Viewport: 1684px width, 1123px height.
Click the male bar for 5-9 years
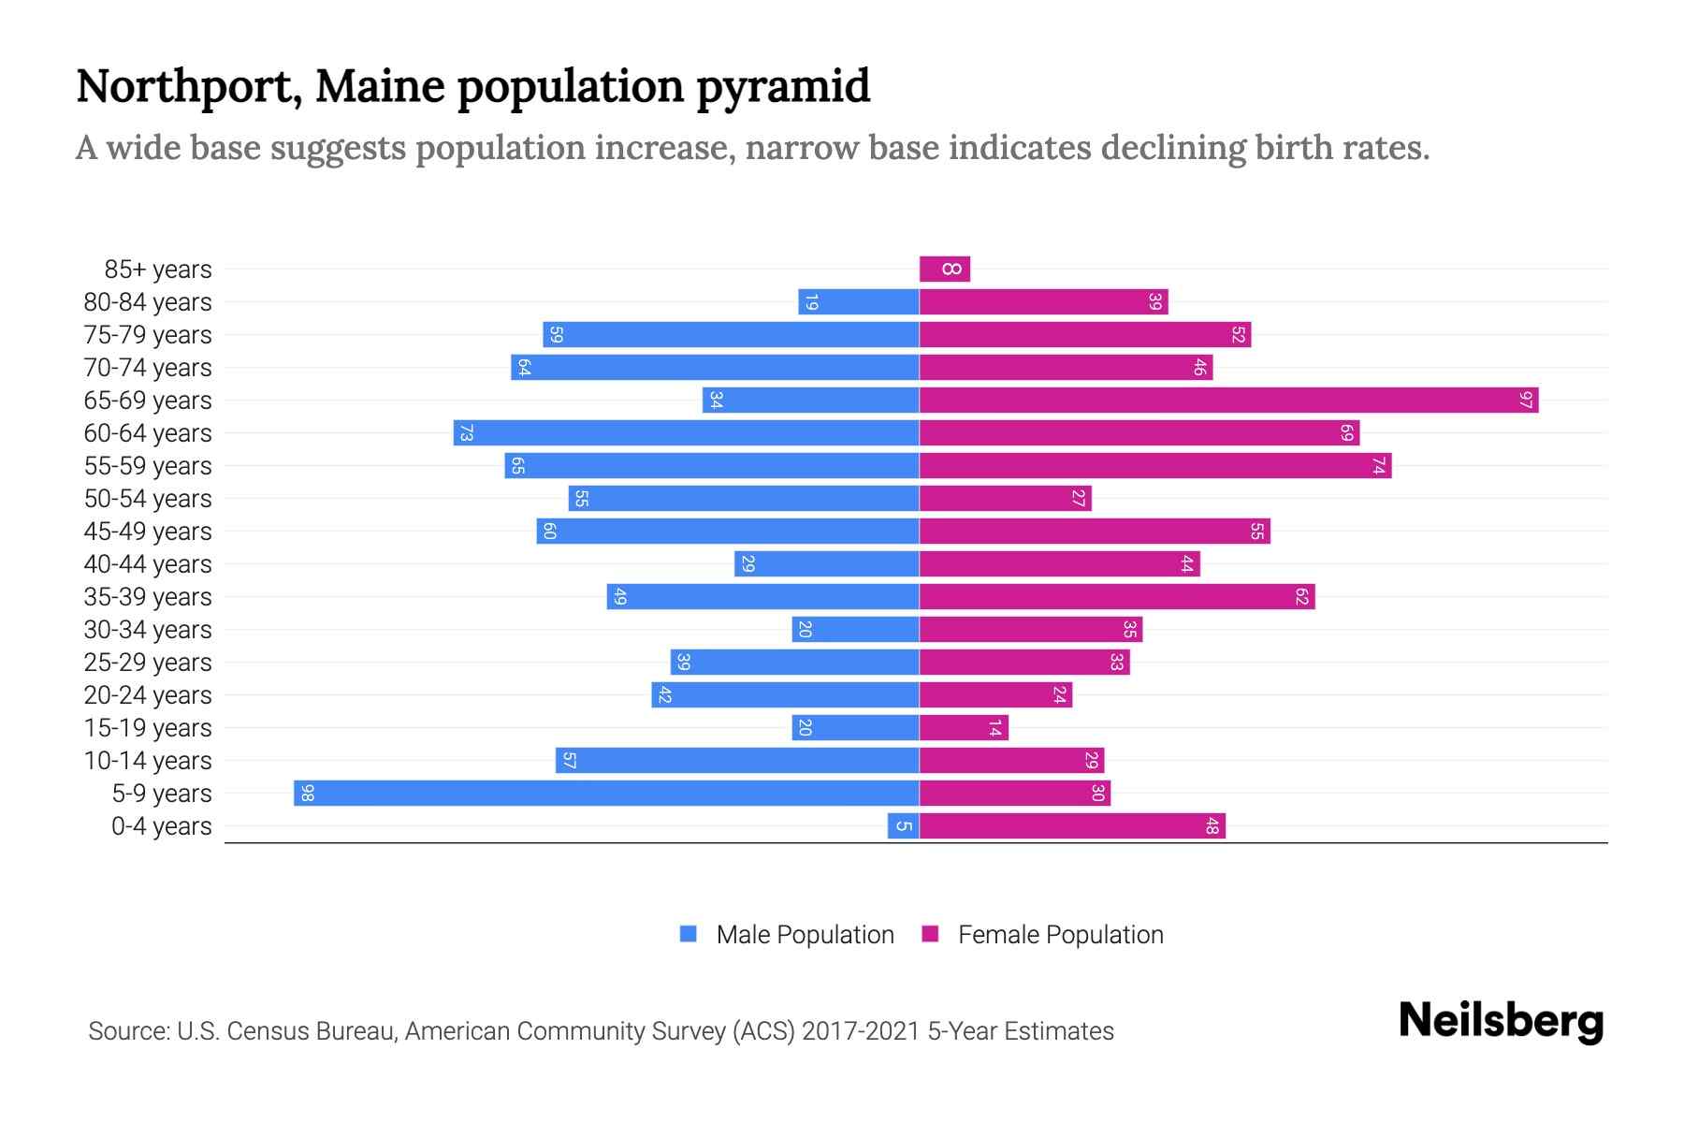(606, 793)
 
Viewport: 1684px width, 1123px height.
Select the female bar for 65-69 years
(1228, 401)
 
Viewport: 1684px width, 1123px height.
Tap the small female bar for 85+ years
(945, 270)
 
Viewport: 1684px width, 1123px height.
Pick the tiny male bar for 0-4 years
(903, 825)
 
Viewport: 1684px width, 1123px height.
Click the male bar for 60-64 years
(686, 433)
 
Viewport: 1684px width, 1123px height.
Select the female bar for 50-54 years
(1005, 499)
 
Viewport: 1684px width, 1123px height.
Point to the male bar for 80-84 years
(858, 302)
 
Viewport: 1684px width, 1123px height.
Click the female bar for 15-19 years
(964, 728)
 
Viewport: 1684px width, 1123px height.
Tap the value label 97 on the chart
(1526, 401)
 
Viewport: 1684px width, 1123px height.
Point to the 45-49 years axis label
(148, 532)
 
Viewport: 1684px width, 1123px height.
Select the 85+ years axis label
(158, 270)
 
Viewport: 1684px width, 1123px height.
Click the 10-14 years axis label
(148, 761)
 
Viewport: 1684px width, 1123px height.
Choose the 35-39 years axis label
(148, 597)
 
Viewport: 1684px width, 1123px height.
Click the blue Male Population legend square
(689, 934)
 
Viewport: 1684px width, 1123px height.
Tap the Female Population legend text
(1060, 935)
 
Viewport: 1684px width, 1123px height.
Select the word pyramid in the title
(783, 86)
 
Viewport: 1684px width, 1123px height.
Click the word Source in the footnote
(128, 1031)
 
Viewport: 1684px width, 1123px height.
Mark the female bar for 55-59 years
(1154, 466)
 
